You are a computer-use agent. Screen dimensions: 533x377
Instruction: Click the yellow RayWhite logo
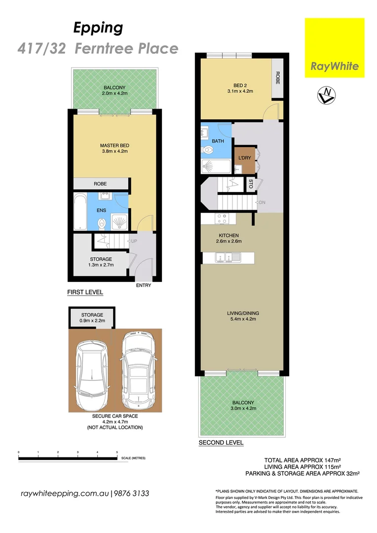click(x=335, y=48)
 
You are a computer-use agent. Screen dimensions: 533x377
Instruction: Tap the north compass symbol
click(x=323, y=95)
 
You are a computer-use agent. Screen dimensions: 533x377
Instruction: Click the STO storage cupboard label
click(x=251, y=185)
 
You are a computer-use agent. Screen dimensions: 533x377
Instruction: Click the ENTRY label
click(x=143, y=285)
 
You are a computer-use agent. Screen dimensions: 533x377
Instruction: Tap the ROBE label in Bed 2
click(x=278, y=78)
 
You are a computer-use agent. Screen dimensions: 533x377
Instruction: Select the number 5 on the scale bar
click(x=117, y=452)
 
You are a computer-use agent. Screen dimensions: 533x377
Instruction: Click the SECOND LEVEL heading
click(x=221, y=443)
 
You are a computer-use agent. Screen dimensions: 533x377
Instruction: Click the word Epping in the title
click(x=98, y=28)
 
